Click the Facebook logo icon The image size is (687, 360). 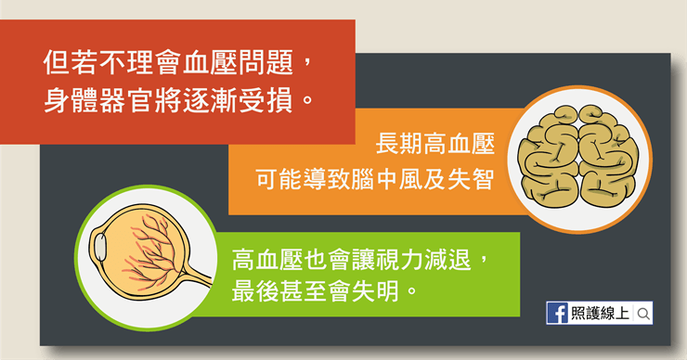pos(558,313)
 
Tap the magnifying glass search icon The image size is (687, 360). pos(643,314)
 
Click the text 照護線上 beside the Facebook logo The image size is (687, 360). pos(601,313)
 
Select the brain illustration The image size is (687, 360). pos(578,157)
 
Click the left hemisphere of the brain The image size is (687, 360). pos(549,158)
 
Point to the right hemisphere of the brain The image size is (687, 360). pos(609,158)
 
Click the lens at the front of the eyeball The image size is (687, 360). pos(100,248)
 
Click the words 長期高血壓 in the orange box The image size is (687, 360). pos(435,144)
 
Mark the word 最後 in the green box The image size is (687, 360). pos(255,290)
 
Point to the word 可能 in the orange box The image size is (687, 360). pos(279,179)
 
